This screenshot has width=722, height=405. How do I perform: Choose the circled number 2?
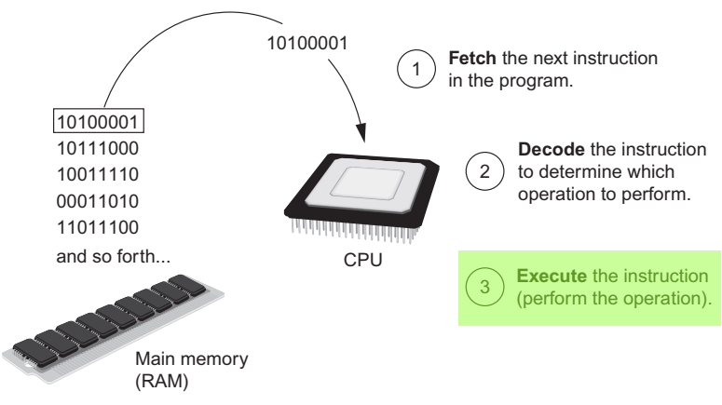coord(483,170)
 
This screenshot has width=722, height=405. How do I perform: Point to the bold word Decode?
coord(544,150)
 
